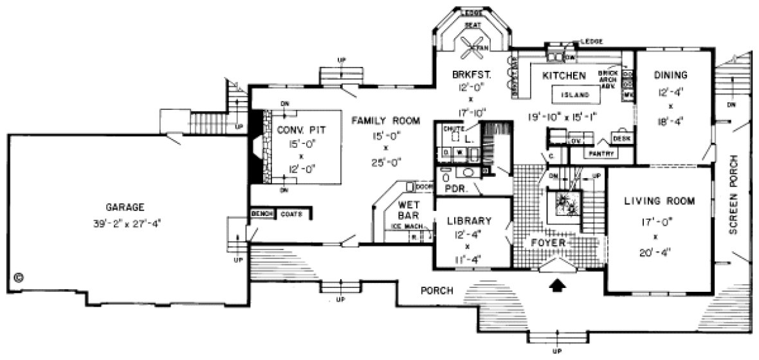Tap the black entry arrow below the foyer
[558, 283]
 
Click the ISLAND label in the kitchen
[575, 94]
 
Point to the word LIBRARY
[469, 221]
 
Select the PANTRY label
[599, 154]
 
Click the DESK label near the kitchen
[621, 138]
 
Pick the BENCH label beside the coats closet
[262, 213]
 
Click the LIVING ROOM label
[659, 201]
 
